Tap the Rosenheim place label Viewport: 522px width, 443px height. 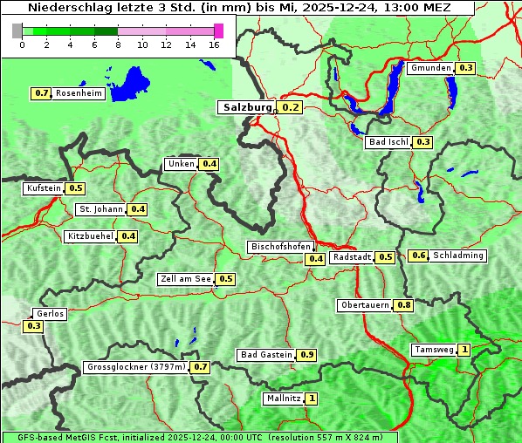pyautogui.click(x=79, y=93)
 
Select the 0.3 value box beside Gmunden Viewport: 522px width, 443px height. pyautogui.click(x=465, y=68)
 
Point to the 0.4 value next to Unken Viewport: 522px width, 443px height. pyautogui.click(x=209, y=164)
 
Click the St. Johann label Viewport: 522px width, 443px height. pyautogui.click(x=100, y=209)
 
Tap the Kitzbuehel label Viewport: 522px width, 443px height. pyautogui.click(x=90, y=236)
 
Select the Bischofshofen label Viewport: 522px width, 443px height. pyautogui.click(x=280, y=248)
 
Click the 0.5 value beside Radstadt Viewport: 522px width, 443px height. pyautogui.click(x=385, y=257)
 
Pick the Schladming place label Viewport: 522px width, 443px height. pyautogui.click(x=458, y=256)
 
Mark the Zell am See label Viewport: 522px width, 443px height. pyautogui.click(x=185, y=279)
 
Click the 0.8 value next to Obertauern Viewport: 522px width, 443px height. pyautogui.click(x=403, y=305)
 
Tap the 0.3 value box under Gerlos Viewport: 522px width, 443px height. pyautogui.click(x=33, y=326)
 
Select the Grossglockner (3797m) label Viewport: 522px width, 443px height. pyautogui.click(x=136, y=367)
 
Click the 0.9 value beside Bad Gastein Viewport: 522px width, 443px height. pyautogui.click(x=306, y=355)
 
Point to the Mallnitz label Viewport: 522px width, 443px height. pyautogui.click(x=283, y=399)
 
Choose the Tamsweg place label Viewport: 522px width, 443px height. pyautogui.click(x=434, y=350)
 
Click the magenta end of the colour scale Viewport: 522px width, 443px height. pyautogui.click(x=218, y=31)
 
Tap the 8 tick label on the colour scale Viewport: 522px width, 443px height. pyautogui.click(x=117, y=44)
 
